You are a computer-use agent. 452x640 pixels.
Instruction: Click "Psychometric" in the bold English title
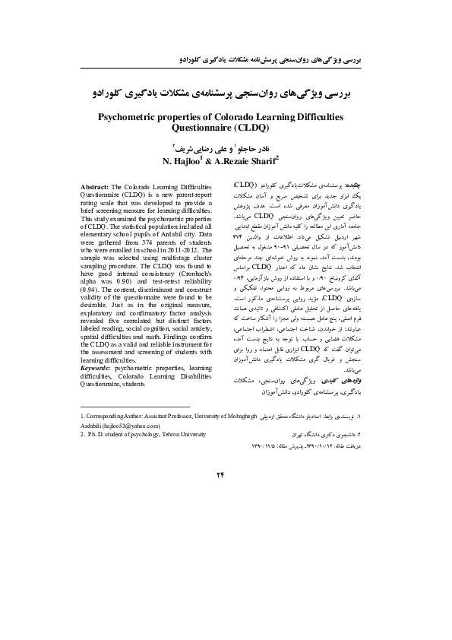[130, 117]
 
